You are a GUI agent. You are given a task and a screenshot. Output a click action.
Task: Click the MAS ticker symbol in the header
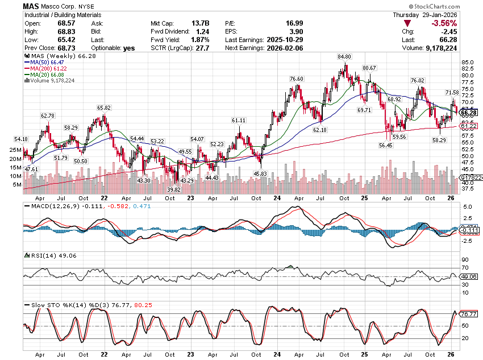tap(32, 6)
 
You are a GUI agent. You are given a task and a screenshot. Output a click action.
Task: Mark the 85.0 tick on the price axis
tap(468, 63)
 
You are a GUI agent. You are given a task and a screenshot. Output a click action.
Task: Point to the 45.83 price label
tap(260, 173)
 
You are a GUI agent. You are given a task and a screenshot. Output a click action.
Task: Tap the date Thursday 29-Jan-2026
tap(434, 15)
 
